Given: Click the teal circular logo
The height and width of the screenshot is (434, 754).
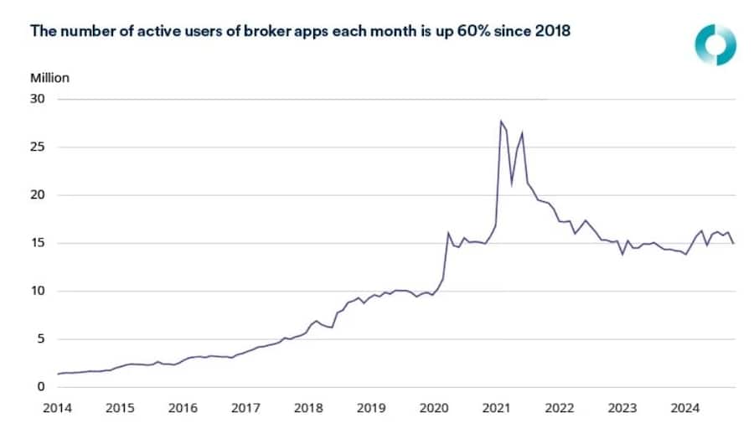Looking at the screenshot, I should pyautogui.click(x=715, y=44).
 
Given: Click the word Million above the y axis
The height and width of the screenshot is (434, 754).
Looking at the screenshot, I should pyautogui.click(x=50, y=78).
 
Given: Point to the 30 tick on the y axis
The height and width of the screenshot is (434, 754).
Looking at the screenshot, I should pyautogui.click(x=39, y=99).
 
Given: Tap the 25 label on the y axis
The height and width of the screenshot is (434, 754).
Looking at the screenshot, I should pyautogui.click(x=39, y=147).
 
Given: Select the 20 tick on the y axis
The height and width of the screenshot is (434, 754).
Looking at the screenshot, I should pyautogui.click(x=39, y=195).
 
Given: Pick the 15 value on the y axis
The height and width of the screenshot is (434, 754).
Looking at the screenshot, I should pyautogui.click(x=39, y=243).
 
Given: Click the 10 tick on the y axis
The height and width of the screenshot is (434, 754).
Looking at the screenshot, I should pyautogui.click(x=39, y=292).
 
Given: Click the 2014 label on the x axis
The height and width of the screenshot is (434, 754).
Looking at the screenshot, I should pyautogui.click(x=58, y=408).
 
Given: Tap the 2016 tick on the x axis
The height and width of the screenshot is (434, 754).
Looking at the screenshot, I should pyautogui.click(x=183, y=408).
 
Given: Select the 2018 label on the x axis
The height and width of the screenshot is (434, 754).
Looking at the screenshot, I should pyautogui.click(x=308, y=408).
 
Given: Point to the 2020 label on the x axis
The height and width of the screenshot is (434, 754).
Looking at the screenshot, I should pyautogui.click(x=434, y=408).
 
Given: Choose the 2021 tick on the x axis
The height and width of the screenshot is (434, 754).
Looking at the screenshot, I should pyautogui.click(x=497, y=408).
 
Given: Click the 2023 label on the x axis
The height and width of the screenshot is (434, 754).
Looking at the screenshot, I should pyautogui.click(x=622, y=408).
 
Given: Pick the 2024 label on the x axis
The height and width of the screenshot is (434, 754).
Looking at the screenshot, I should pyautogui.click(x=685, y=408).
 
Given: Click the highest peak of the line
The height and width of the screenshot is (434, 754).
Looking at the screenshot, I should pyautogui.click(x=500, y=121).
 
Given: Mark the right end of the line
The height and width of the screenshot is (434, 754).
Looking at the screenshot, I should pyautogui.click(x=734, y=243).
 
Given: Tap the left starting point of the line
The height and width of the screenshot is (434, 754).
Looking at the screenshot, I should pyautogui.click(x=58, y=374).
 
